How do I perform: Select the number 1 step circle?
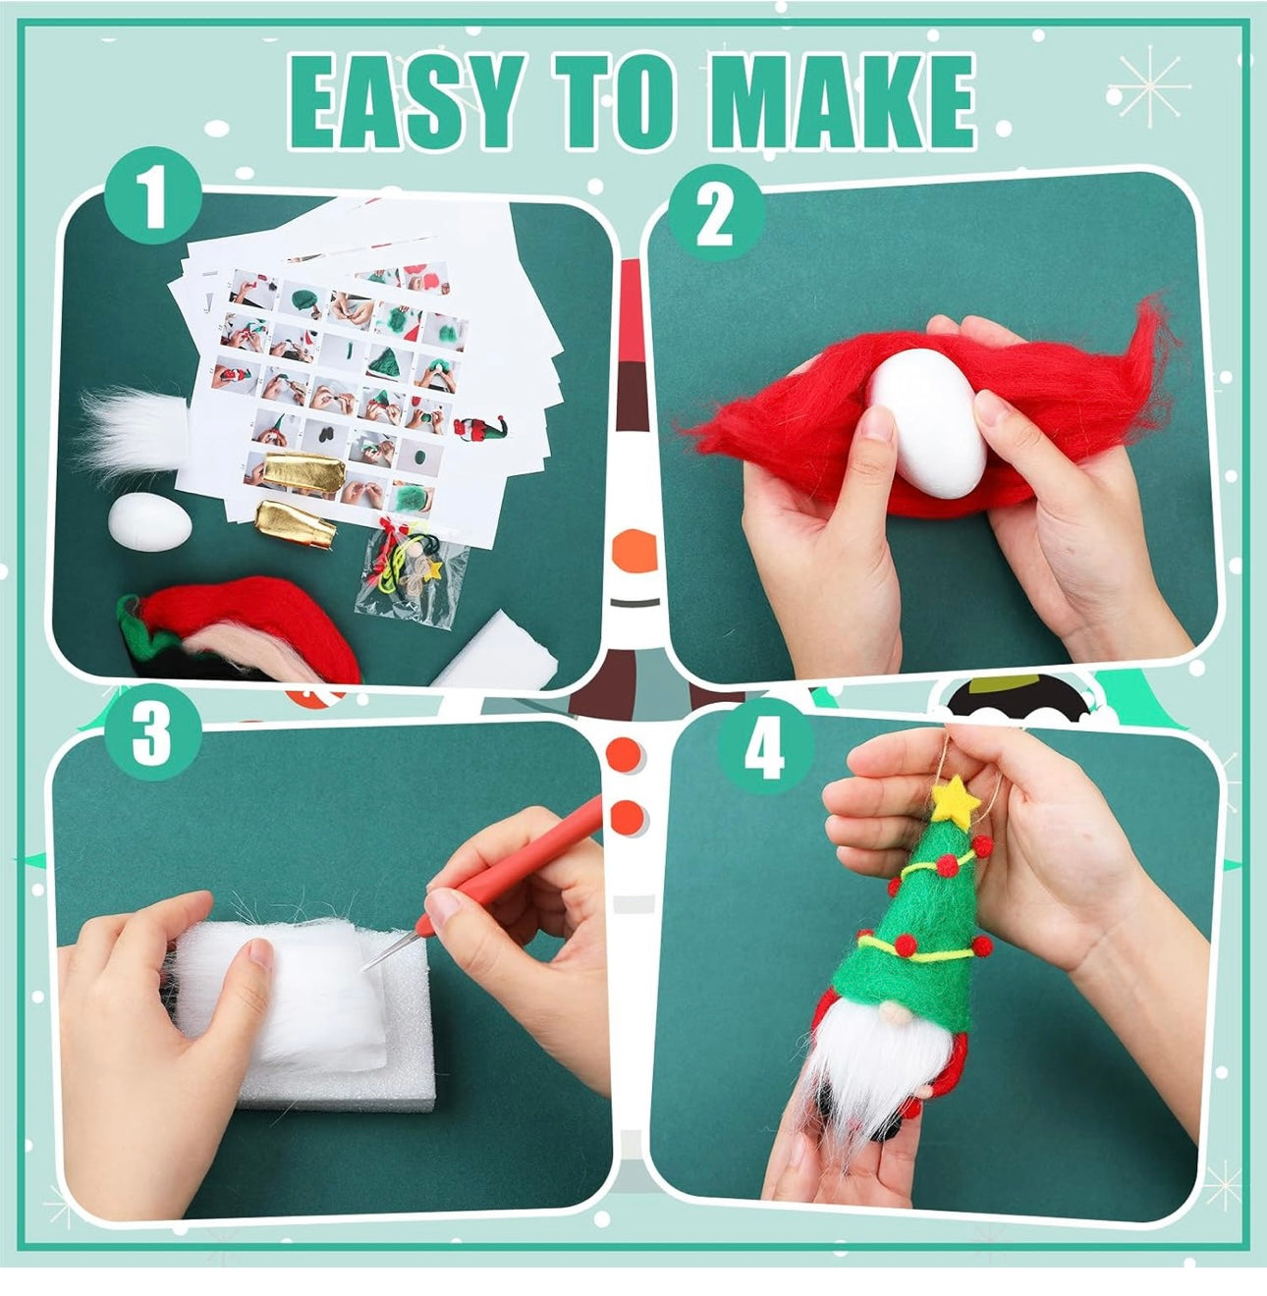pos(153,195)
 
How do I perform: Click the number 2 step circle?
pos(716,214)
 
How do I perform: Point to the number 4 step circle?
pos(766,747)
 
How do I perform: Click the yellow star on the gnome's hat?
pos(956,800)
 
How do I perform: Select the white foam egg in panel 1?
pos(150,522)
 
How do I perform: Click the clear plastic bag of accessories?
pos(410,572)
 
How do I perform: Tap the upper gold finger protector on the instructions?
pos(303,471)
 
